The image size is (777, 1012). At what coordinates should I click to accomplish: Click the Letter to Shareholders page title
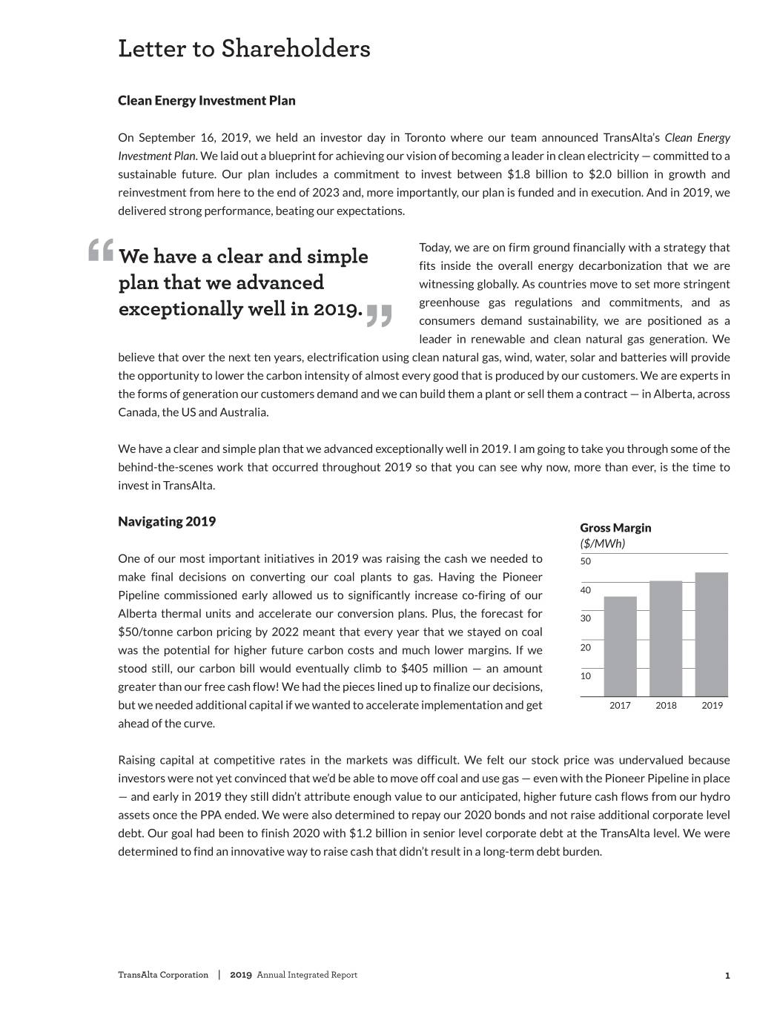click(244, 49)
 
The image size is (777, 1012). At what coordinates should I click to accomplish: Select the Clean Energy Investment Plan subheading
click(206, 100)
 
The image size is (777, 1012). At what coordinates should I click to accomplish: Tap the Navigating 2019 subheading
click(167, 521)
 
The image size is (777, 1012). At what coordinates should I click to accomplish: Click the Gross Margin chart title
click(615, 527)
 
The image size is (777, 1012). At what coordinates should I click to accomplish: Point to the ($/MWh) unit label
click(602, 543)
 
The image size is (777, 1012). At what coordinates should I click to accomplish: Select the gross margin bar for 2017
click(620, 646)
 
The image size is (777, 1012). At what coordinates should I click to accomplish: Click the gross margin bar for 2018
click(666, 638)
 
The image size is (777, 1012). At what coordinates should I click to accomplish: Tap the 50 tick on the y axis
click(586, 561)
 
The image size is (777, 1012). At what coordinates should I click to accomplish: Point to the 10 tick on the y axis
click(586, 676)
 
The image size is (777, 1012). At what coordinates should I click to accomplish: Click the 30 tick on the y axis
click(586, 618)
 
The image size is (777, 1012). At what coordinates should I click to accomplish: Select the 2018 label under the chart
click(666, 705)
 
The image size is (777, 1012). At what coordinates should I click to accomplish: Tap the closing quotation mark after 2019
click(378, 314)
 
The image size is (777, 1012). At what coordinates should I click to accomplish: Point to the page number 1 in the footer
click(727, 976)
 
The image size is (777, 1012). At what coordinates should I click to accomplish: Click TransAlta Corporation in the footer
click(163, 975)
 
